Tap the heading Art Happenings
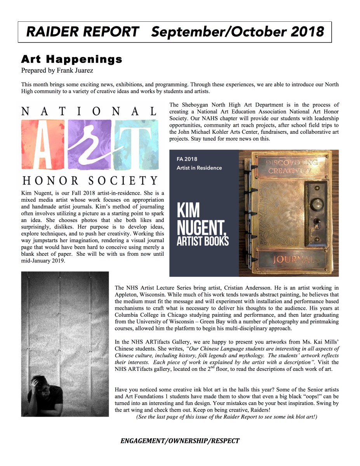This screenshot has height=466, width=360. (71, 59)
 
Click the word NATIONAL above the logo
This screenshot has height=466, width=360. (89, 112)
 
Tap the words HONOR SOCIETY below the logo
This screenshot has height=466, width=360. (90, 180)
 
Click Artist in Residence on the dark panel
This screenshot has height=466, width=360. (199, 168)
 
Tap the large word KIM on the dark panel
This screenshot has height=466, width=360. (188, 210)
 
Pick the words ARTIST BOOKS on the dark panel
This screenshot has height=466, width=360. (203, 241)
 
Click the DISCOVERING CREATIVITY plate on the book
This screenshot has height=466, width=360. (291, 166)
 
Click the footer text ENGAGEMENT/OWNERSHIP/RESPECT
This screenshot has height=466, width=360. (180, 441)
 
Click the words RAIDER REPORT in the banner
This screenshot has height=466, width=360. (82, 31)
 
